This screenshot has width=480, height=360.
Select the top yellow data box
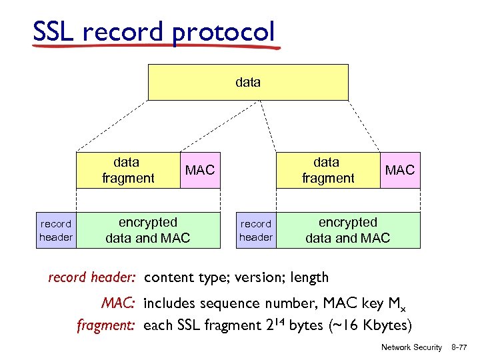[x=247, y=82]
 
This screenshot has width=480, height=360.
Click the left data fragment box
[x=127, y=170]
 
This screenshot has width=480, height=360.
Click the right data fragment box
[x=327, y=170]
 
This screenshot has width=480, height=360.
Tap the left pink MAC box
[x=200, y=170]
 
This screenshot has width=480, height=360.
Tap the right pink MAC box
[x=400, y=170]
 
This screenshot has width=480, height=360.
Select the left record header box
[x=56, y=231]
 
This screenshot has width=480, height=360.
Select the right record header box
[x=256, y=231]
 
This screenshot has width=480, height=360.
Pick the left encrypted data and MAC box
[x=147, y=230]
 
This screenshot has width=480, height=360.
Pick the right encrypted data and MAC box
[x=347, y=230]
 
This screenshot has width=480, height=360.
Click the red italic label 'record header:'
[x=93, y=277]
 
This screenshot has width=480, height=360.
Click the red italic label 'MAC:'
[x=119, y=304]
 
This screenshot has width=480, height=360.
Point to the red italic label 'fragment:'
[x=107, y=325]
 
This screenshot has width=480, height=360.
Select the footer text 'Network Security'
[x=411, y=347]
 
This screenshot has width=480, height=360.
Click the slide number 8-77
[x=459, y=347]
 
